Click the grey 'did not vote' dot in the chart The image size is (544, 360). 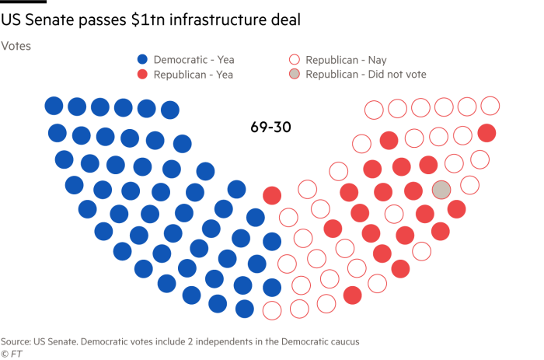[441, 190]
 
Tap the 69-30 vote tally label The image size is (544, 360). [270, 127]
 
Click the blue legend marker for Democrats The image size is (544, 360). [142, 59]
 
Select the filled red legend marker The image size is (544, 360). [142, 75]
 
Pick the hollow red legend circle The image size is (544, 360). [295, 59]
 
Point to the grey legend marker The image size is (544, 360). [295, 75]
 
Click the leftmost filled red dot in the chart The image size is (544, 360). [272, 195]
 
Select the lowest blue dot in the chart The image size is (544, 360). [245, 309]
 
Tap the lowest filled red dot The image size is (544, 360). [352, 295]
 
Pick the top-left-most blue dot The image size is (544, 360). [54, 105]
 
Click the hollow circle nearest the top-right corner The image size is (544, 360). [490, 105]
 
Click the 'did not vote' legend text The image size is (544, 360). [365, 75]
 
